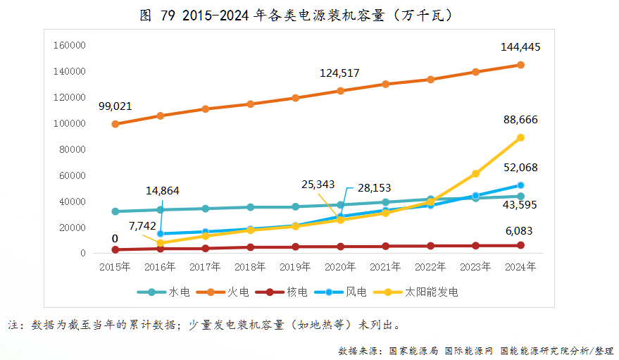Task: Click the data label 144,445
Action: tap(520, 47)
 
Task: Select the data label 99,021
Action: tap(115, 106)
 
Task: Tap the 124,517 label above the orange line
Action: tap(340, 73)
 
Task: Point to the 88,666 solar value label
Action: tap(520, 120)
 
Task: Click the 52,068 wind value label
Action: tap(520, 167)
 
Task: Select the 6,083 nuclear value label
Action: tap(520, 231)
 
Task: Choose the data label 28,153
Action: tap(374, 188)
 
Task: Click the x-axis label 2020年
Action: tap(340, 267)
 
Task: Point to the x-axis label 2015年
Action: tap(115, 267)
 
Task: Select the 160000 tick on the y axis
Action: tap(70, 46)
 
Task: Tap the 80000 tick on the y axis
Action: tap(73, 150)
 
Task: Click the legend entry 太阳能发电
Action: tap(432, 292)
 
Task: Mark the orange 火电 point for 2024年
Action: tap(520, 65)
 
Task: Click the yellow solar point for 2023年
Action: tap(475, 173)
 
